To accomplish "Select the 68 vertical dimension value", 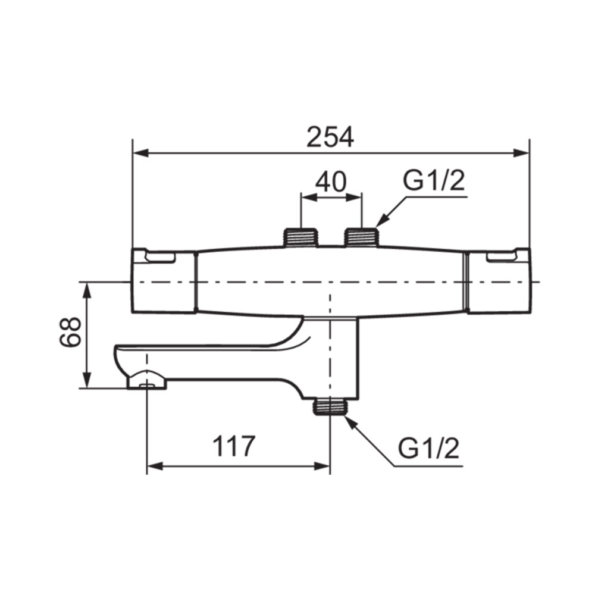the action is pyautogui.click(x=70, y=332).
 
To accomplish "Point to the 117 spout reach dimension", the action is pyautogui.click(x=233, y=446).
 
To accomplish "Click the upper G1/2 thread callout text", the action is pyautogui.click(x=434, y=181).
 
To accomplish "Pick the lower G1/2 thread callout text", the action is pyautogui.click(x=429, y=448).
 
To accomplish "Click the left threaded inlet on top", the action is pyautogui.click(x=300, y=237).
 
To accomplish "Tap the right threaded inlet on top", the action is pyautogui.click(x=361, y=237).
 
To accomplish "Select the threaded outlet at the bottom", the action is pyautogui.click(x=330, y=406).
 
